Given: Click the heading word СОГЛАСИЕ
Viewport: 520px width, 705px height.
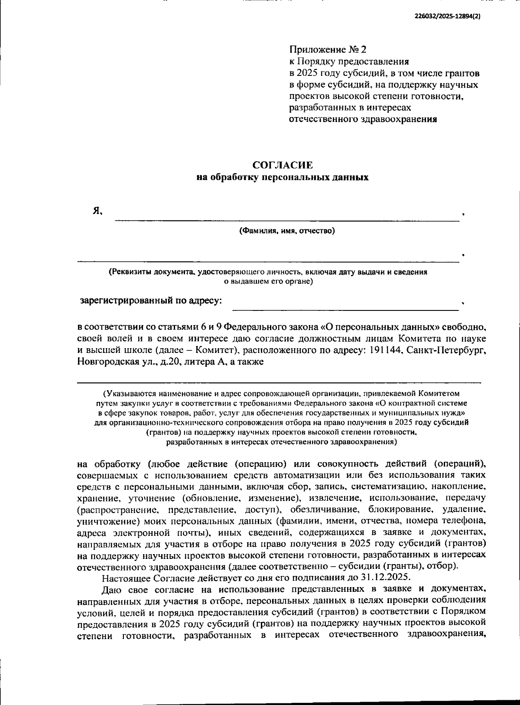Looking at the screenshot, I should click(x=283, y=165).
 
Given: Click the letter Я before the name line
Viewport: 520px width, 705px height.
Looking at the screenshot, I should click(x=97, y=211).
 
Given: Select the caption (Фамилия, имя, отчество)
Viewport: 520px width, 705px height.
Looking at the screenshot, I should click(x=287, y=231).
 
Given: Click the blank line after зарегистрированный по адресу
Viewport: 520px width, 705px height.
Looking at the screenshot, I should click(x=345, y=309).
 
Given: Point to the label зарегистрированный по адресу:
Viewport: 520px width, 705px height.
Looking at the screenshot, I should click(x=151, y=300).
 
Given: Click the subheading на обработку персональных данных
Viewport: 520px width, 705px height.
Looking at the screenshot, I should click(x=283, y=177).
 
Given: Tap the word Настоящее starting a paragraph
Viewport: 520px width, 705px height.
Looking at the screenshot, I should click(x=125, y=578).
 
